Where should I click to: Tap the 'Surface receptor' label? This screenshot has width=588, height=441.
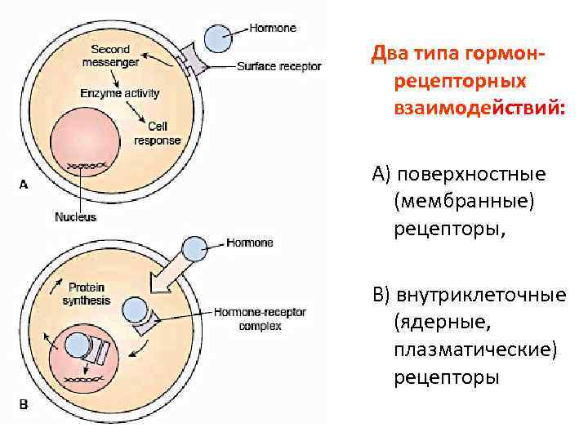[x=278, y=66]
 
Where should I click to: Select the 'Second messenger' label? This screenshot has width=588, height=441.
[x=110, y=56]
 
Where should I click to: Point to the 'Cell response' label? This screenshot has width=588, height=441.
[x=157, y=133]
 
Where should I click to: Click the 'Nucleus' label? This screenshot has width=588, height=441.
[x=75, y=216]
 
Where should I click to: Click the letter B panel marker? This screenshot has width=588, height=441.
[x=23, y=403]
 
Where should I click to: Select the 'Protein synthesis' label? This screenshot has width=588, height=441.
[x=86, y=294]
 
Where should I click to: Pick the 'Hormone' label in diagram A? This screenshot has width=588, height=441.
[x=274, y=28]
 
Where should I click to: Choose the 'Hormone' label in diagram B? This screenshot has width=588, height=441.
[x=250, y=243]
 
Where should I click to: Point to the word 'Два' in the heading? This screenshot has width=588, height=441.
[x=389, y=53]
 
